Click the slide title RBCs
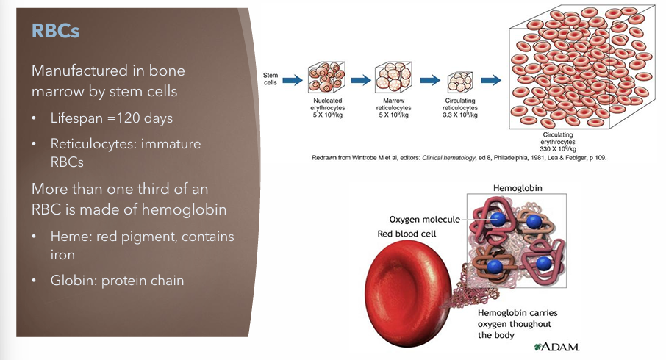tap(54, 32)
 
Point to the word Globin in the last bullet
tap(72, 280)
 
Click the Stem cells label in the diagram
tap(271, 79)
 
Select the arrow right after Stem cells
tap(293, 79)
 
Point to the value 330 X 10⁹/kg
tap(561, 148)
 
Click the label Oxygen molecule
tap(425, 219)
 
